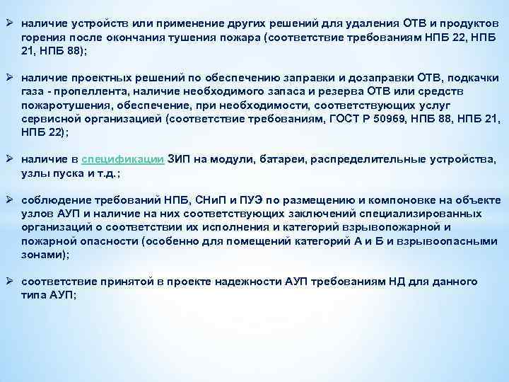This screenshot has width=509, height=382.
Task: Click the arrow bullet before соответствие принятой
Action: (x=11, y=282)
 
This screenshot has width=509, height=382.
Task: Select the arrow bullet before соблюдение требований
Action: (x=11, y=200)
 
